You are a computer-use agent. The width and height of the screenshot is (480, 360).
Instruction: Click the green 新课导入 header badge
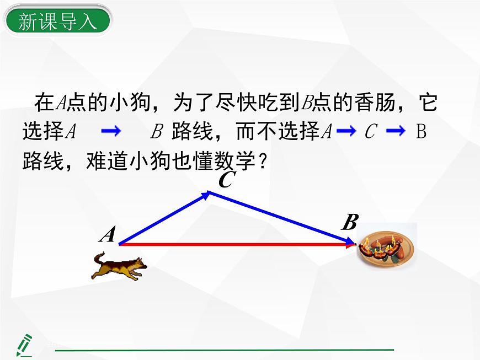(x=57, y=22)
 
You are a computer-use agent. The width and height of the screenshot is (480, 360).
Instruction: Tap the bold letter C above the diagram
(x=225, y=180)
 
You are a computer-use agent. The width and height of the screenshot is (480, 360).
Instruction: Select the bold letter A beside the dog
(x=108, y=235)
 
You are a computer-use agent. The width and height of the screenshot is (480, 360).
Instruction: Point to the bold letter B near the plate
(x=349, y=223)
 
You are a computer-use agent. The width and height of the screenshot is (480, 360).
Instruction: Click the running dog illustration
(x=119, y=266)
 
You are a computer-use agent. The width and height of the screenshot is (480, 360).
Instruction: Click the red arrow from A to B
(x=237, y=243)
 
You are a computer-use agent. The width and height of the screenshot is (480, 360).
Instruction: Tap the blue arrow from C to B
(x=281, y=217)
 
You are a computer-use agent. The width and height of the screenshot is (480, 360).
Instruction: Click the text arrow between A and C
(x=347, y=131)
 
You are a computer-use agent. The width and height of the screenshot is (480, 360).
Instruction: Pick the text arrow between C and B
(x=396, y=131)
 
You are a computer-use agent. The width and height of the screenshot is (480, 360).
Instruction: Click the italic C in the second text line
(x=371, y=132)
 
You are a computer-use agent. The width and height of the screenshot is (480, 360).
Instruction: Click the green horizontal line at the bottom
(x=224, y=350)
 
